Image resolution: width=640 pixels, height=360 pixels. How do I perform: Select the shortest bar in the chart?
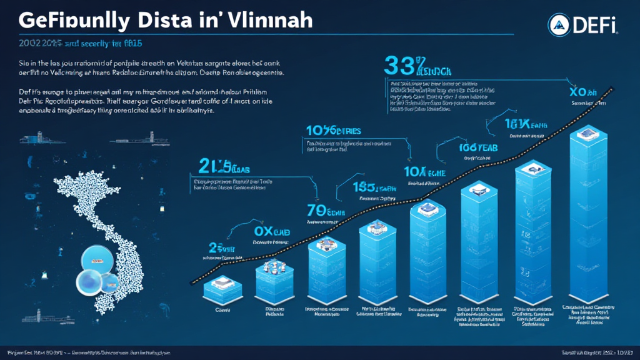tap(222, 289)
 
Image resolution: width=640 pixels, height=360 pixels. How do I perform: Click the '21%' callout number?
tap(212, 166)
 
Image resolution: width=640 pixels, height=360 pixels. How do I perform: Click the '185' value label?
tap(365, 186)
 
